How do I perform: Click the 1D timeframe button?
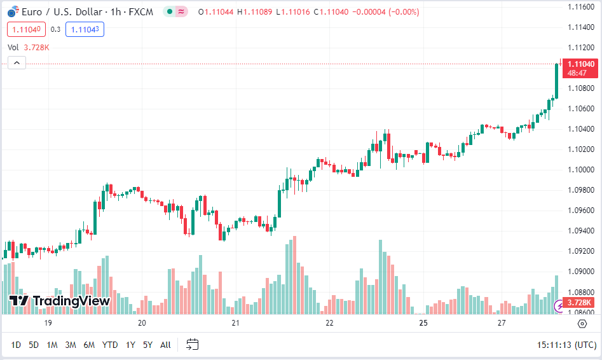coord(16,345)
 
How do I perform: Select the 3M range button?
coord(71,345)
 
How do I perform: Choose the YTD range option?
coord(110,345)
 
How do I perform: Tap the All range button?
coord(165,345)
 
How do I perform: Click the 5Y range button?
coord(147,345)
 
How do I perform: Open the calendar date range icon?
coord(192,345)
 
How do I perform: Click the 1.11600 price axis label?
coord(580,6)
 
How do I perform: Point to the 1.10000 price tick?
coord(580,169)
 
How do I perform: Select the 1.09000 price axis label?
coord(580,271)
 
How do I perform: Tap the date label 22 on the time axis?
coord(329,323)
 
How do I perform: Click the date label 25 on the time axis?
coord(423,323)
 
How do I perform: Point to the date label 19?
coord(48,323)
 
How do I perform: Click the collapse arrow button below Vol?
coord(17,62)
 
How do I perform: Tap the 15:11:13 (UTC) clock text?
coord(566,345)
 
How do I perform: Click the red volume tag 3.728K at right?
coord(579,303)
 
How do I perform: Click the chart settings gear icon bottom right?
coord(582,324)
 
